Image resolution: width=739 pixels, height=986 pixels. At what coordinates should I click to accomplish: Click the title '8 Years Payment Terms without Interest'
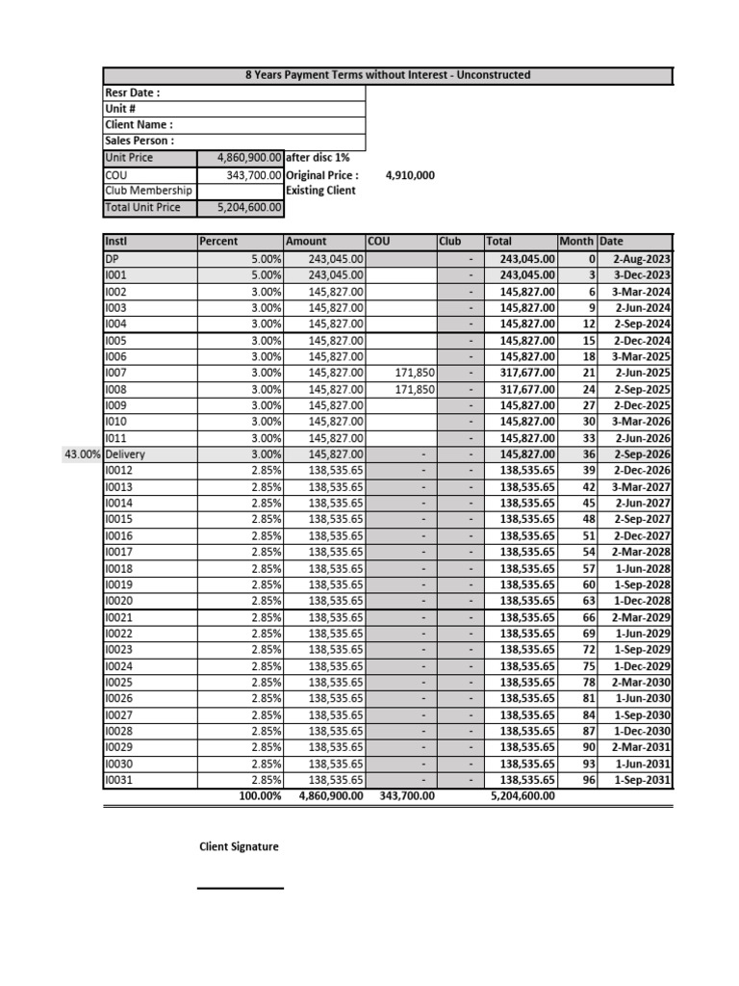pos(388,75)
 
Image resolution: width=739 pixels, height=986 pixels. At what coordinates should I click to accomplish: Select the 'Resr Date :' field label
pos(132,92)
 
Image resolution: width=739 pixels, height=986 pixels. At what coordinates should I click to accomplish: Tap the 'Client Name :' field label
pos(139,125)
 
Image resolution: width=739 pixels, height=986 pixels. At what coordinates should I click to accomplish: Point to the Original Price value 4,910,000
pos(410,175)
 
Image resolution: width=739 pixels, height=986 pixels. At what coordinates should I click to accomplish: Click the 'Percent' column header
pos(218,242)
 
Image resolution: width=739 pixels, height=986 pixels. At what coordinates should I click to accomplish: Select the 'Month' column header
pos(576,242)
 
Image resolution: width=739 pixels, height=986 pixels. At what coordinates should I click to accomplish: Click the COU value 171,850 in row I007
pos(416,373)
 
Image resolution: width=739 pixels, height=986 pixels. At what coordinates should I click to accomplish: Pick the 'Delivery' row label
pos(127,454)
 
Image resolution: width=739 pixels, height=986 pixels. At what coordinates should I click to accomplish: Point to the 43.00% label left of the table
pos(82,454)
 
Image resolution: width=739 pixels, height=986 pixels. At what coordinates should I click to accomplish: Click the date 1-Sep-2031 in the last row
pos(641,780)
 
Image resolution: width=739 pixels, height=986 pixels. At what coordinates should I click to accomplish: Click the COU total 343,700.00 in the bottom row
pos(403,796)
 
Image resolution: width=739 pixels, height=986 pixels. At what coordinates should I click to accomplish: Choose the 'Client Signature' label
pos(239,846)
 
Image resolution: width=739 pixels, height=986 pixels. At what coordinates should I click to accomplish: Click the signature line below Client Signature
pos(241,888)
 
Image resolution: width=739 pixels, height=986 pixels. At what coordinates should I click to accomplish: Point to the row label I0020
pos(119,601)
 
